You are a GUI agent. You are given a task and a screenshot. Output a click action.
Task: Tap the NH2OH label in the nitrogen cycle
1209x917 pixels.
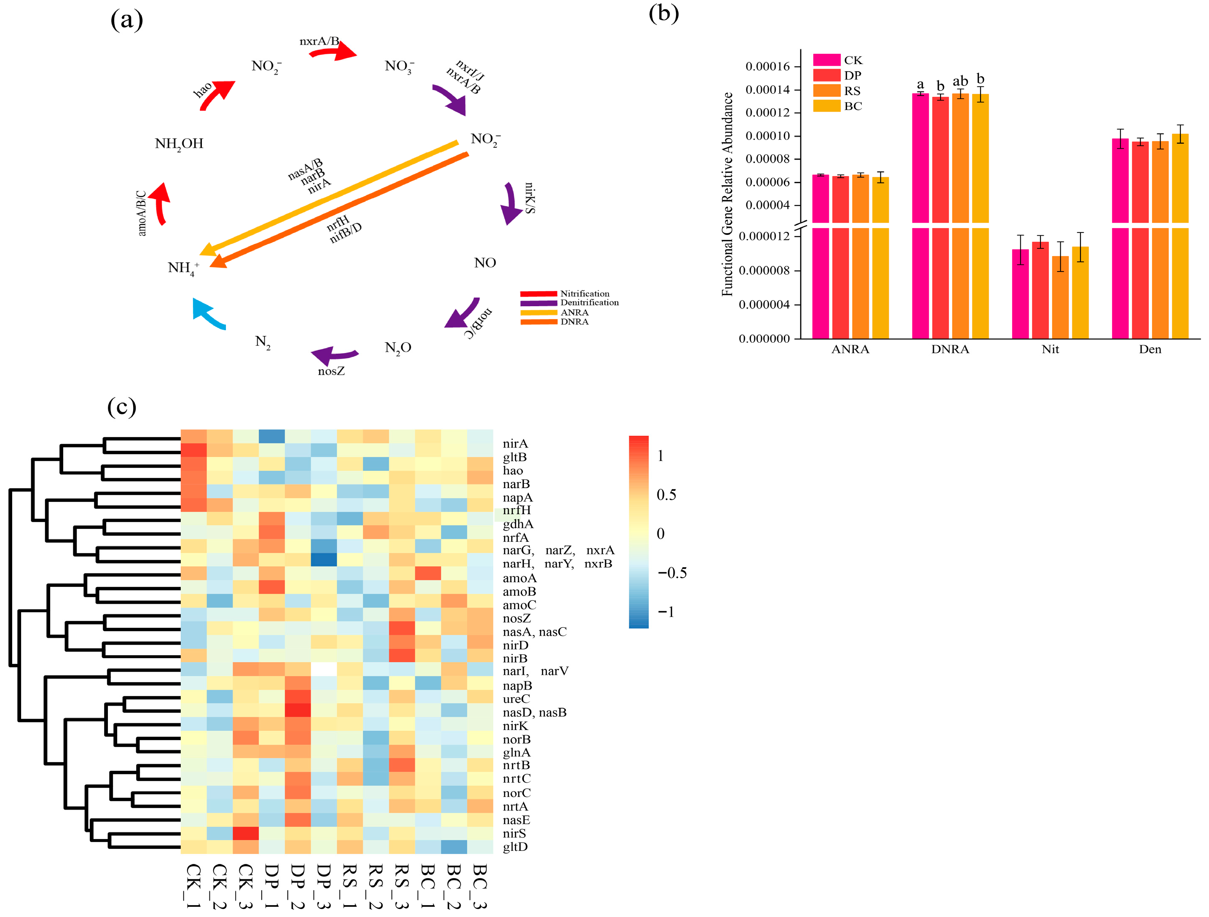[x=179, y=144]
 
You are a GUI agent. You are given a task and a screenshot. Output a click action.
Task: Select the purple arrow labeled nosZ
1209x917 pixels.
[x=335, y=355]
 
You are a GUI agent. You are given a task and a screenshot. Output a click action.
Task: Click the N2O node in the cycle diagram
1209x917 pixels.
[x=398, y=348]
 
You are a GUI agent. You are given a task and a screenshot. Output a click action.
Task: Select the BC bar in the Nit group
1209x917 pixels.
[x=1080, y=292]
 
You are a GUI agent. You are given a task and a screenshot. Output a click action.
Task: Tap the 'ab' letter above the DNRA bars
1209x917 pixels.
[x=960, y=81]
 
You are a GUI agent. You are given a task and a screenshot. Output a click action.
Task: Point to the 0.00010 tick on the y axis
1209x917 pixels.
[x=767, y=136]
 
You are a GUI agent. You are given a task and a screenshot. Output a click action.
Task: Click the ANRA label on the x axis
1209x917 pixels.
[x=850, y=349]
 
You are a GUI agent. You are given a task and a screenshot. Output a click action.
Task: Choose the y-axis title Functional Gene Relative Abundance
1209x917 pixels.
[x=727, y=194]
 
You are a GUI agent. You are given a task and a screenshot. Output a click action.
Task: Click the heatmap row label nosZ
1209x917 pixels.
[x=517, y=618]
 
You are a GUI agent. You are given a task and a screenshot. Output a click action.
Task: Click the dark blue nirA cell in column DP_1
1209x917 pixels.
[x=272, y=436]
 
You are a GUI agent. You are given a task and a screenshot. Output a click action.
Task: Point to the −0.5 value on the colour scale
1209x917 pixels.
[x=672, y=573]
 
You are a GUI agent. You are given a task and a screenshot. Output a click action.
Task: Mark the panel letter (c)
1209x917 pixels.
[x=121, y=407]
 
